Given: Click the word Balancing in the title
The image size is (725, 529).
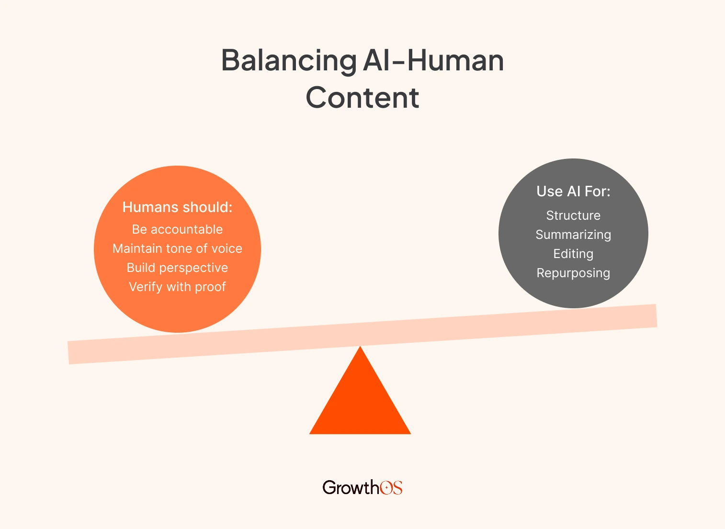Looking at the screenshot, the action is point(289,61).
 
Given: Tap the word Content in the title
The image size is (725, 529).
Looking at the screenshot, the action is point(362,98).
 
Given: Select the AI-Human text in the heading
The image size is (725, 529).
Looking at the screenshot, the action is point(433,61).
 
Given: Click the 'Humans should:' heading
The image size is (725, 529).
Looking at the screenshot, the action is point(177,207).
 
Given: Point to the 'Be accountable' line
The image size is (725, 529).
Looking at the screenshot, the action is point(177,230).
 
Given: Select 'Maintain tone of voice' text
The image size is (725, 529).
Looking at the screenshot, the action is point(177,249).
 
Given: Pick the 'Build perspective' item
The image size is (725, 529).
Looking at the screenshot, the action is point(177,268).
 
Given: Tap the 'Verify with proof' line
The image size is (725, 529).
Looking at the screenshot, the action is point(177,287).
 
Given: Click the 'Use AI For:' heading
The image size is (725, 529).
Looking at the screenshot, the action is point(573,191).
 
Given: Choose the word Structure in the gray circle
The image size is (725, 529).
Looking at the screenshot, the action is point(573,216).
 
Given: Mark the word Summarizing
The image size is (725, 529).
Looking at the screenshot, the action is point(573,235).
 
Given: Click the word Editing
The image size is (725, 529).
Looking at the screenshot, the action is point(573,254).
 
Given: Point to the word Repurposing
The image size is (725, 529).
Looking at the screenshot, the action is point(573,273).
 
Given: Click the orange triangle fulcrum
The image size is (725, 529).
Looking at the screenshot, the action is point(360,402).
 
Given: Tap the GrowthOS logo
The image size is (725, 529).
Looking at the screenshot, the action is point(362,487).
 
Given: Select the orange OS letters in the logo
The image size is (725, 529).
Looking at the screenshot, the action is point(391,487).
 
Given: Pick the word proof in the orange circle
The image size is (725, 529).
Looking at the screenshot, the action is point(210,287).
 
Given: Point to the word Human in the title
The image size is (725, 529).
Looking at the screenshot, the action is point(455,61).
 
